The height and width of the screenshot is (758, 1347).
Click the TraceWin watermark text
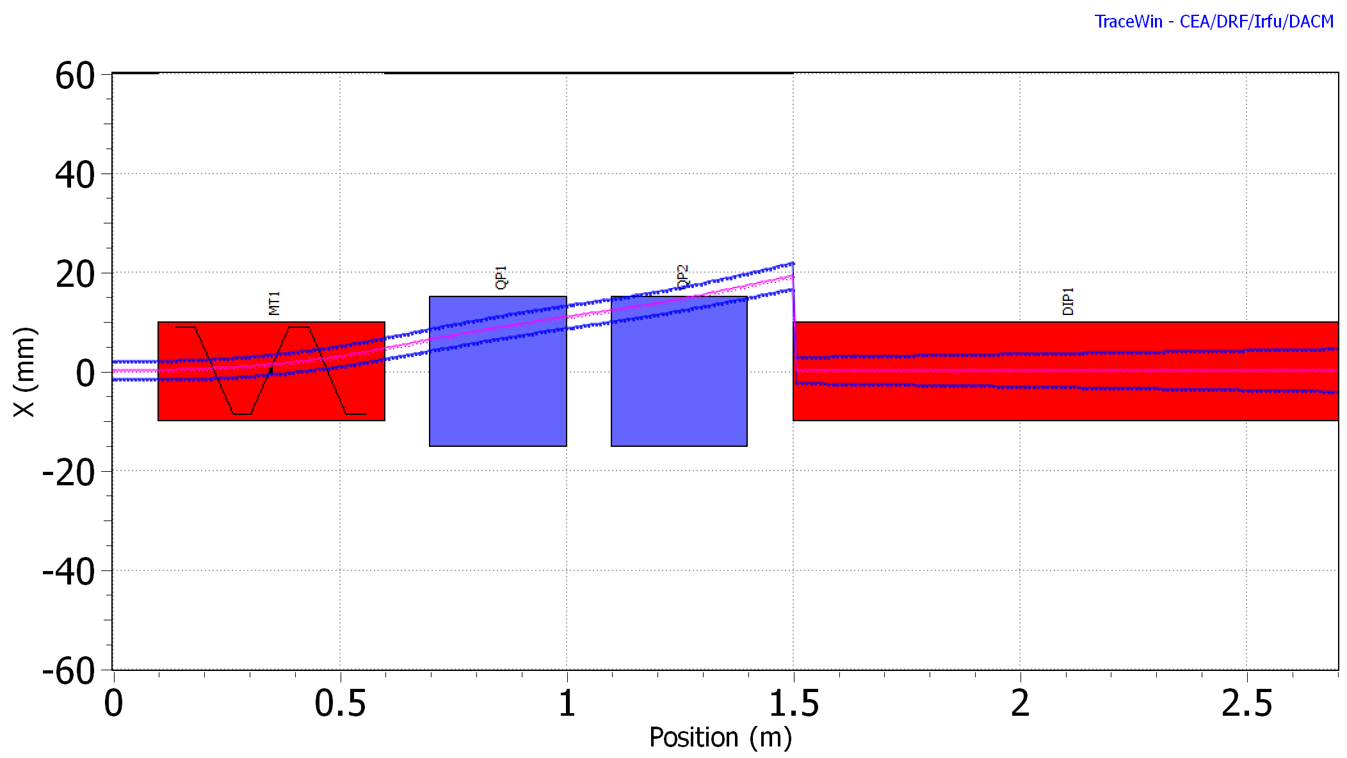click(x=1214, y=21)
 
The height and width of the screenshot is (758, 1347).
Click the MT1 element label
click(x=274, y=303)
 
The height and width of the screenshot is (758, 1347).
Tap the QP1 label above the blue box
click(x=501, y=278)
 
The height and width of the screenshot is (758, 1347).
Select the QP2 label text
click(x=683, y=277)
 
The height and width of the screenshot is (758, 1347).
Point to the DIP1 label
click(x=1068, y=302)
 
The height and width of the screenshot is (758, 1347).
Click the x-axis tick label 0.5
click(x=340, y=704)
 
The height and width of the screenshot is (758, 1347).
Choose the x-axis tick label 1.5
click(x=794, y=704)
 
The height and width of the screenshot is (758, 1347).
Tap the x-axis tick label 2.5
click(x=1246, y=704)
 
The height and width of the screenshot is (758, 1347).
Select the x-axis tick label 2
click(x=1020, y=704)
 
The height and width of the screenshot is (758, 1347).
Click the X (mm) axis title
click(x=24, y=371)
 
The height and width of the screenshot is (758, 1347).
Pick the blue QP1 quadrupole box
click(x=497, y=397)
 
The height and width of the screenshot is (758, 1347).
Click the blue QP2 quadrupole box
click(x=679, y=397)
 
